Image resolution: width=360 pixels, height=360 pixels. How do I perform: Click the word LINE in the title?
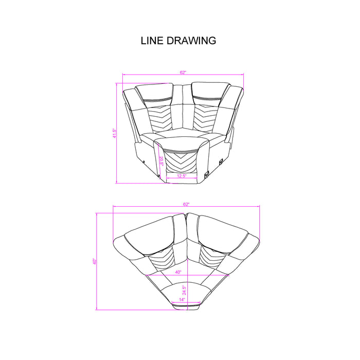(x=152, y=41)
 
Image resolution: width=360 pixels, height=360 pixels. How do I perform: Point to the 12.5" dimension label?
(x=181, y=175)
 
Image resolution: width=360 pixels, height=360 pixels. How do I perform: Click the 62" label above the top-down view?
(x=186, y=204)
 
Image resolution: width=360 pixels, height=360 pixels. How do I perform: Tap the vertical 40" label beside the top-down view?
(x=95, y=262)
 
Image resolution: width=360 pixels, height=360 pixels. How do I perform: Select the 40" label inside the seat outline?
(x=178, y=272)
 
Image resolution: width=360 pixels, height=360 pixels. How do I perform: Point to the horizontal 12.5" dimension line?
(x=181, y=179)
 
